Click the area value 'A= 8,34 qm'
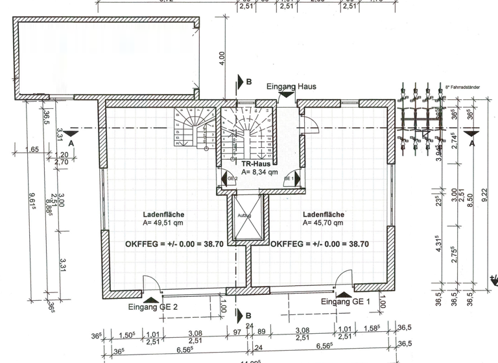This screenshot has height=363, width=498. [259, 173]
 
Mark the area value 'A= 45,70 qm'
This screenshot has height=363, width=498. [323, 222]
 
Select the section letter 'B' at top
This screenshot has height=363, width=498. [248, 82]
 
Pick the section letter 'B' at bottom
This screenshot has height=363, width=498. [248, 316]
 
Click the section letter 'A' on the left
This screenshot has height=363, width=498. [71, 141]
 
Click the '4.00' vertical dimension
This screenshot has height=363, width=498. [221, 58]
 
